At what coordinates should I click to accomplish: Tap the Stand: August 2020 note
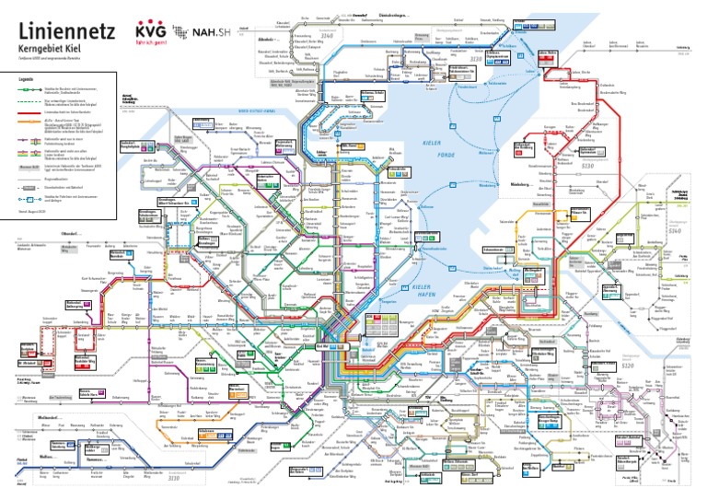(31, 211)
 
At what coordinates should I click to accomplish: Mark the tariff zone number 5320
(631, 365)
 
